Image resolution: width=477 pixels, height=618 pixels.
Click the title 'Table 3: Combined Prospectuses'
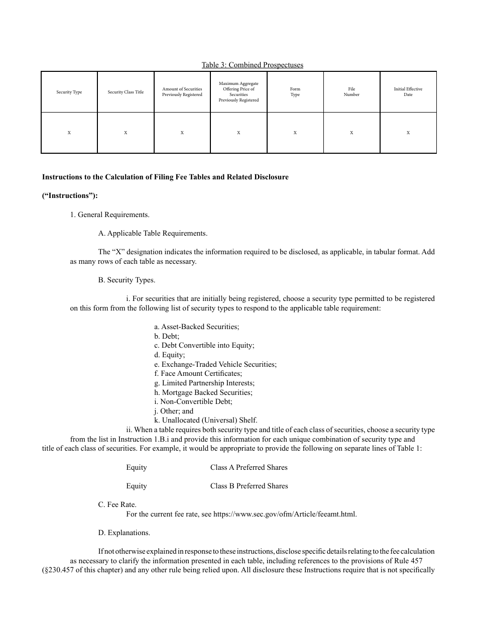tap(252, 65)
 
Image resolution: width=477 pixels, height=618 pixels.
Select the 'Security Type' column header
tap(69, 92)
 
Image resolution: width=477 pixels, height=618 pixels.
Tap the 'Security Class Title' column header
tap(126, 92)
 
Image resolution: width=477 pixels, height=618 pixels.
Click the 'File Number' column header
tap(351, 92)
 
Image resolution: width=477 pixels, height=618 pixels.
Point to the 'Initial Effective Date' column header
tap(408, 92)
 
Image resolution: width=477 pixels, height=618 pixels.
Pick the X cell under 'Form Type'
tap(295, 133)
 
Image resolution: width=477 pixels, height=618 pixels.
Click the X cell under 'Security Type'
tap(69, 133)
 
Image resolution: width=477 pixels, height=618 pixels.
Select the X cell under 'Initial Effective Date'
tap(408, 133)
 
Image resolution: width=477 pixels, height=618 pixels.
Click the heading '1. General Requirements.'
tap(109, 215)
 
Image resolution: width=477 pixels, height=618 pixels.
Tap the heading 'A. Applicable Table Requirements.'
tap(153, 233)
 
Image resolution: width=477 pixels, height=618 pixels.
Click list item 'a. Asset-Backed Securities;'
tap(197, 327)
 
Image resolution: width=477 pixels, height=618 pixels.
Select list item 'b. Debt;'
tap(167, 336)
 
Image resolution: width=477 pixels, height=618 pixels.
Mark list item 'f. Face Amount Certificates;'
tap(198, 373)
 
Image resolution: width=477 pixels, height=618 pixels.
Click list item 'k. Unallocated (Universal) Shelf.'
tap(206, 420)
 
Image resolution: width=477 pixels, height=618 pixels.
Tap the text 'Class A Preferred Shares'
tap(249, 467)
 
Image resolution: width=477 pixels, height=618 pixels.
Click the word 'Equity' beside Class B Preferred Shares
tap(137, 486)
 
